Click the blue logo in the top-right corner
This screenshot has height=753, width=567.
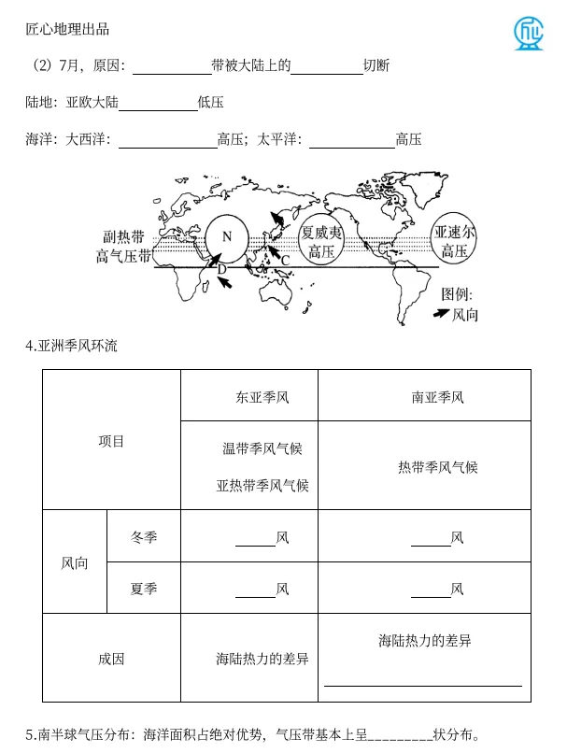tap(532, 32)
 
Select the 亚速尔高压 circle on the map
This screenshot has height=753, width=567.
tap(454, 240)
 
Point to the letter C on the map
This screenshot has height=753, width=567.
tap(285, 258)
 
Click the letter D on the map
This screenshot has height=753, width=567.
tap(221, 269)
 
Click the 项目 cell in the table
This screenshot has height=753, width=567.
tap(111, 441)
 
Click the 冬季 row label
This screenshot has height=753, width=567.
tap(144, 537)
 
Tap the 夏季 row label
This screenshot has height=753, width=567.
tap(144, 589)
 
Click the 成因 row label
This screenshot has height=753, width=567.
tap(111, 659)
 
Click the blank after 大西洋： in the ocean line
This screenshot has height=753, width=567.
tap(167, 140)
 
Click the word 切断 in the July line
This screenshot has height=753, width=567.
tap(376, 66)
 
